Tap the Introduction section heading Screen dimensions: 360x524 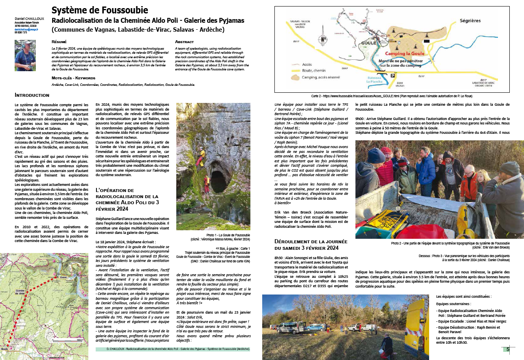pyautogui.click(x=32, y=95)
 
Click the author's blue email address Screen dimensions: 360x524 pyautogui.click(x=26, y=30)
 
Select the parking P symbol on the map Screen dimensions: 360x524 pyautogui.click(x=393, y=76)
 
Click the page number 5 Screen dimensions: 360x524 pyautogui.click(x=508, y=349)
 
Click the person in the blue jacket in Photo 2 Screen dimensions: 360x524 pyautogui.click(x=425, y=167)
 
